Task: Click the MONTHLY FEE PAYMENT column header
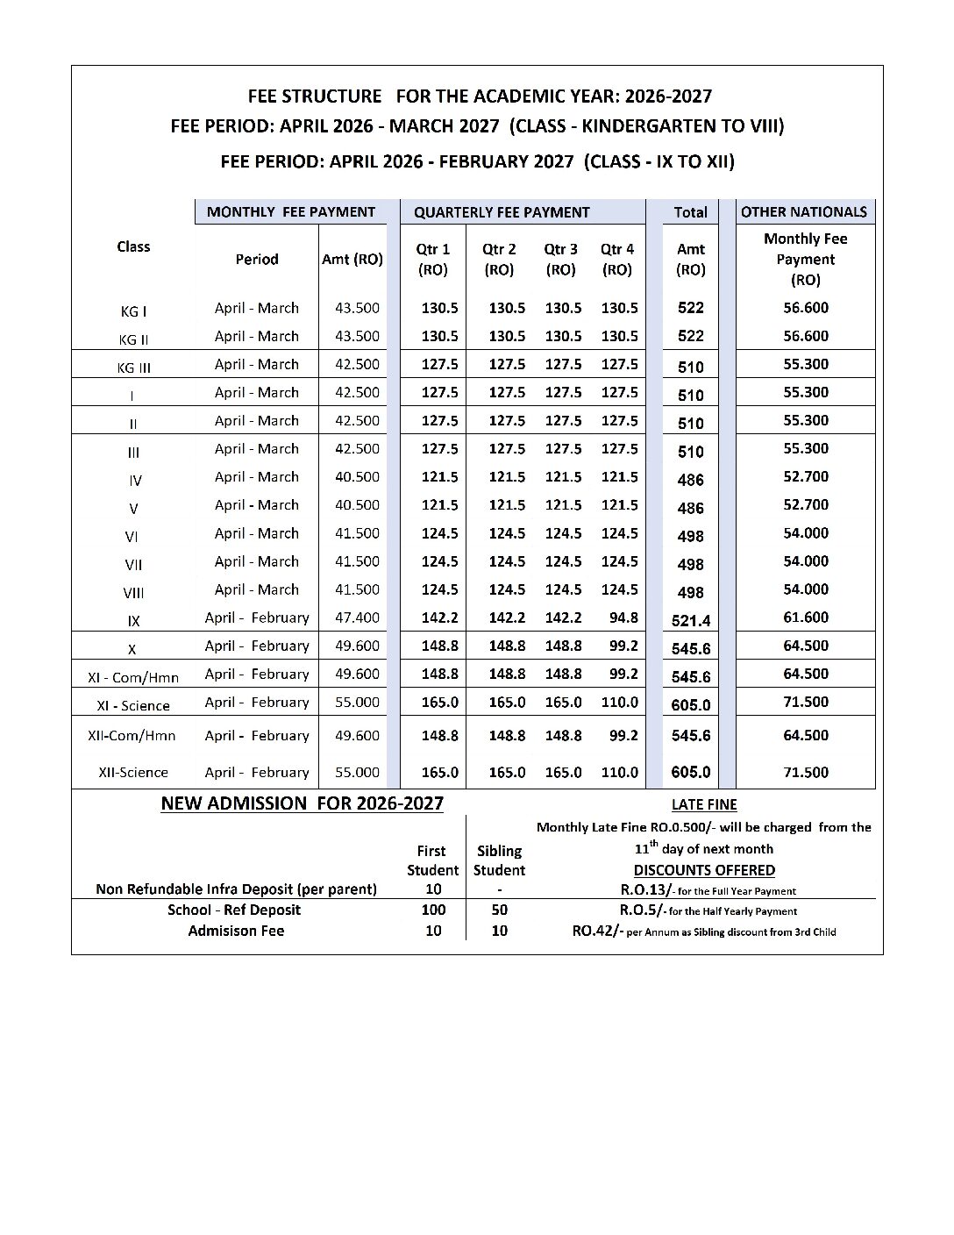coord(290,212)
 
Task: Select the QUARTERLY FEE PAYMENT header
coord(502,212)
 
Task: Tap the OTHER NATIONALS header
coord(804,212)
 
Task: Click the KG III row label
coord(133,368)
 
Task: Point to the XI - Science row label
coord(133,706)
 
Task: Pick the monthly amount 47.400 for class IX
coord(357,617)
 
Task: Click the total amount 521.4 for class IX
coord(691,621)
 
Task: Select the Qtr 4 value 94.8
coord(623,617)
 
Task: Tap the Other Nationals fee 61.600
coord(805,617)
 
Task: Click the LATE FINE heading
coord(704,804)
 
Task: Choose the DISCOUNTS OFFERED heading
coord(704,870)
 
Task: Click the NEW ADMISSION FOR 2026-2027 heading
coord(303,803)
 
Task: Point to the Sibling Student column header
coord(499,860)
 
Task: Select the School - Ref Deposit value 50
coord(499,910)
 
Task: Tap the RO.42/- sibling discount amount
coord(598,931)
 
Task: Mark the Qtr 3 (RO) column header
coord(560,260)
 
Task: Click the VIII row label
coord(133,594)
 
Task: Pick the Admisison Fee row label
coord(236,931)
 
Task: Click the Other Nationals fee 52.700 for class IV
coord(805,477)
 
